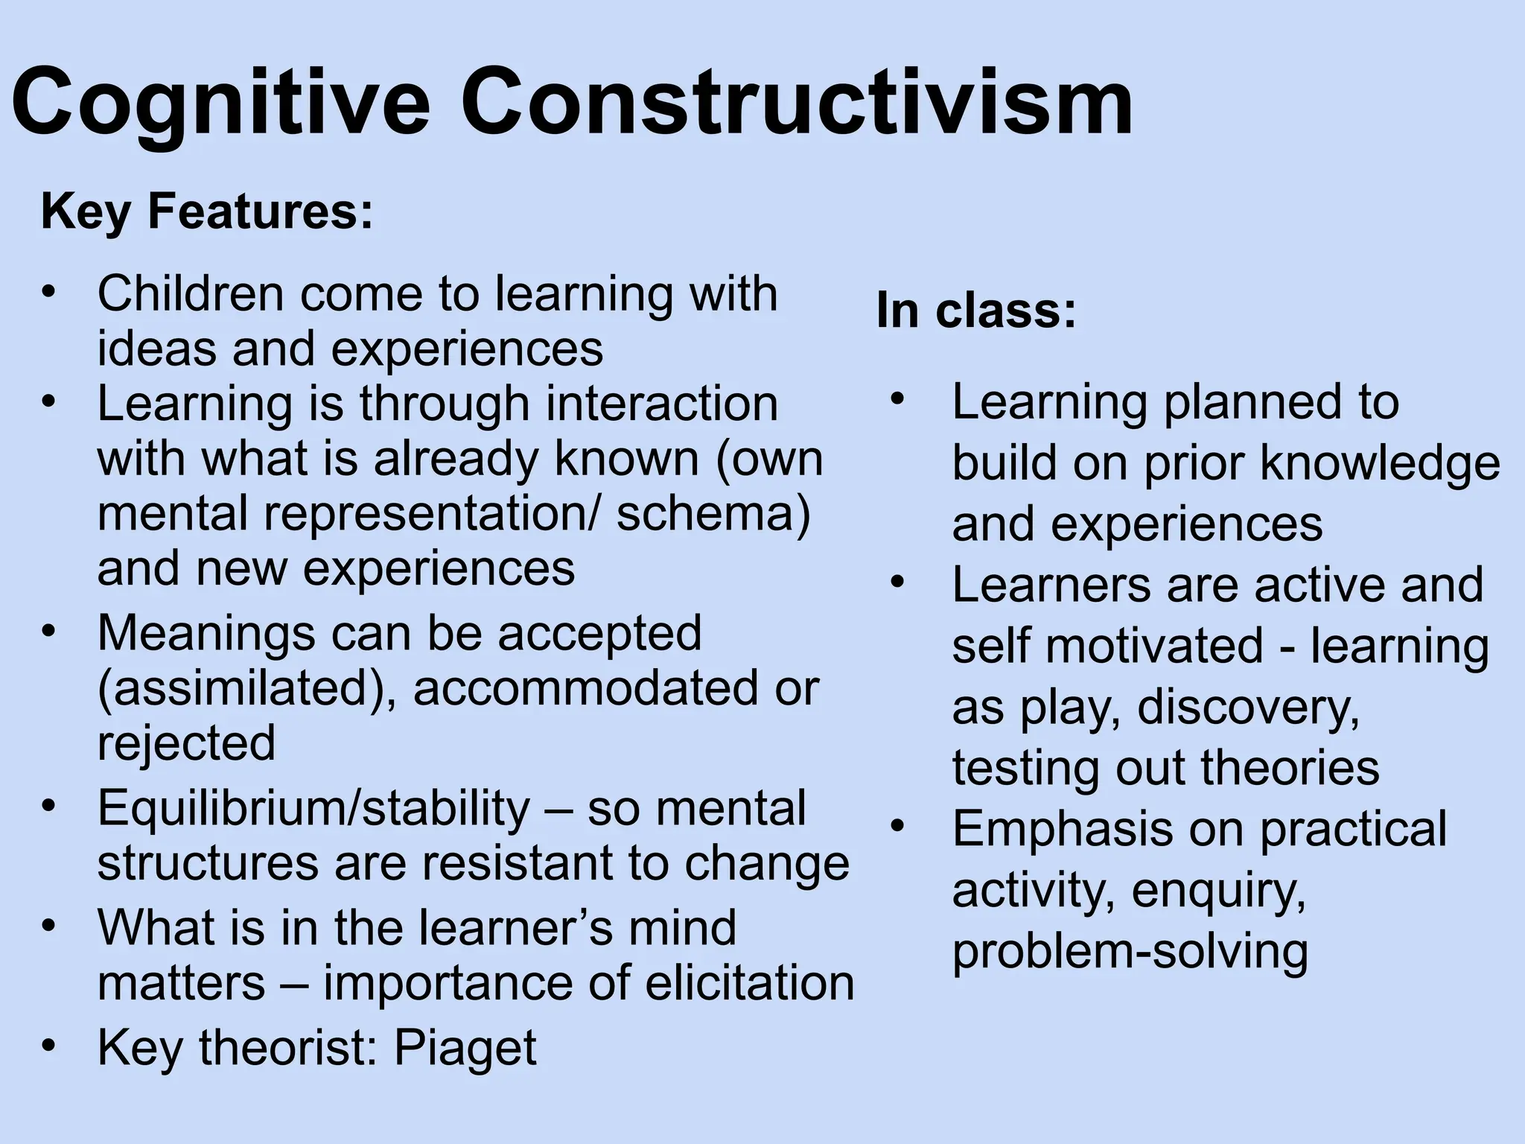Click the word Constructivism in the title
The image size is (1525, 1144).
point(796,101)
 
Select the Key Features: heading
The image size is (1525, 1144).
point(206,212)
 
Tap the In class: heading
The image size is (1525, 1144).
point(976,310)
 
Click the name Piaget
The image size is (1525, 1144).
point(465,1047)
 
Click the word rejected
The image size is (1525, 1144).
point(186,743)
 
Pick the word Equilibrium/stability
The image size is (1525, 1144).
point(313,809)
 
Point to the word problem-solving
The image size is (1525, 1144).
point(1130,952)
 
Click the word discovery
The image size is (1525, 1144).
point(1248,706)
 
